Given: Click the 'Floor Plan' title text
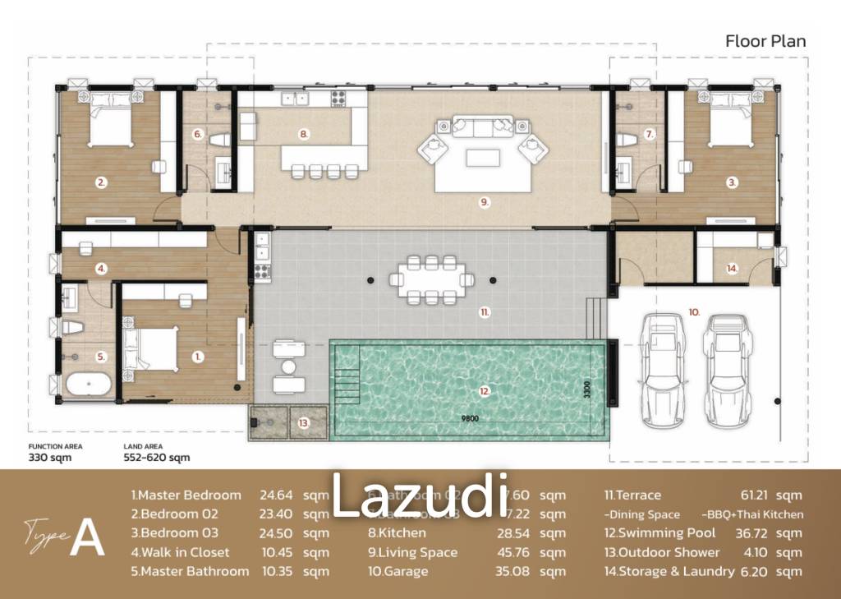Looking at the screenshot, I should [765, 40].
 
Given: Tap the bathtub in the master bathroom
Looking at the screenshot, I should [91, 385].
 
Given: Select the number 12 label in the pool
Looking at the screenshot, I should [486, 391].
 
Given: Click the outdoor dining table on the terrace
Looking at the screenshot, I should [431, 279].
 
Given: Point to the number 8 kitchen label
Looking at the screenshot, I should [303, 133].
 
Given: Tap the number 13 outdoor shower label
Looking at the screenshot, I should [303, 423].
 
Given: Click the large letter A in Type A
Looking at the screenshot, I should [87, 538].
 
